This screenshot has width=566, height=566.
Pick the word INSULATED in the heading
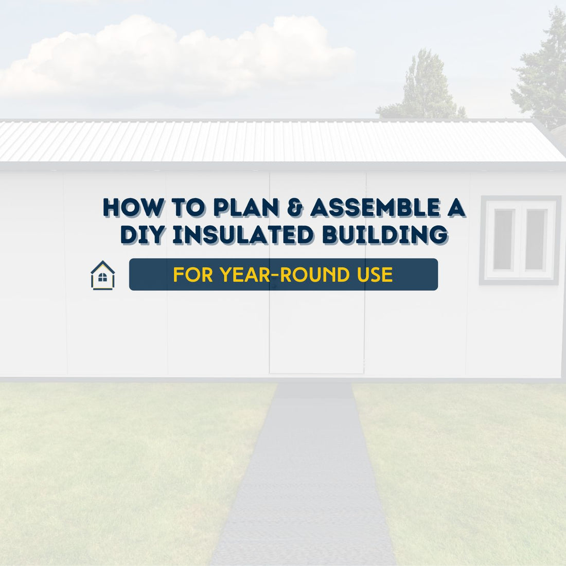tap(242, 235)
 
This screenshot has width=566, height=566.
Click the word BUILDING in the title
tap(385, 235)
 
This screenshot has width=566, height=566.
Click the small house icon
tap(103, 275)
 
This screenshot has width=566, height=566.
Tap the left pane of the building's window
tap(504, 239)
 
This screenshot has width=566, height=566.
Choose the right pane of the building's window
tap(536, 239)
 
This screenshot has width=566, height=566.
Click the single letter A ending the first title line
tap(455, 207)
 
